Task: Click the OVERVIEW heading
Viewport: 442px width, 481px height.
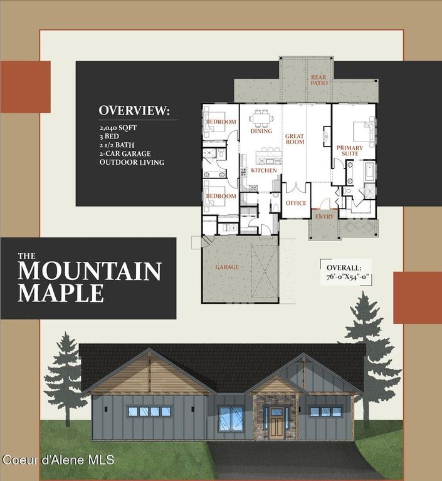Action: click(134, 111)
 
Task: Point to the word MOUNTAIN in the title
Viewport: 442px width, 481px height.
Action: click(90, 271)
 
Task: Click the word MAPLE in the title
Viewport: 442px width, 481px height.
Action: click(61, 292)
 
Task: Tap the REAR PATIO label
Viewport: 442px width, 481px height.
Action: click(318, 80)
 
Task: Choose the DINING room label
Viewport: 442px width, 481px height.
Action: click(261, 131)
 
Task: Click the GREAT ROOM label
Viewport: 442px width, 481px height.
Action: click(295, 138)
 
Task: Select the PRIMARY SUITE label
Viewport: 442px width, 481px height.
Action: click(350, 151)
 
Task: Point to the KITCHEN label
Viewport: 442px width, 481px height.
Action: click(264, 170)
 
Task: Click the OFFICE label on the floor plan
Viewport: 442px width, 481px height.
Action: click(296, 203)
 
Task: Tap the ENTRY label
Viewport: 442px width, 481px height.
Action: click(325, 217)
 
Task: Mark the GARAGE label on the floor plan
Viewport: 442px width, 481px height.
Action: click(227, 267)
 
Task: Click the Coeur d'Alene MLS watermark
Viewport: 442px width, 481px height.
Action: click(58, 460)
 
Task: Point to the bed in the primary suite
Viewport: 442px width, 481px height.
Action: click(362, 131)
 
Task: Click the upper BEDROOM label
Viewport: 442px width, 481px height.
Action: click(221, 122)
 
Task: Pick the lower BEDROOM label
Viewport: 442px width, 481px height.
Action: click(221, 196)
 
